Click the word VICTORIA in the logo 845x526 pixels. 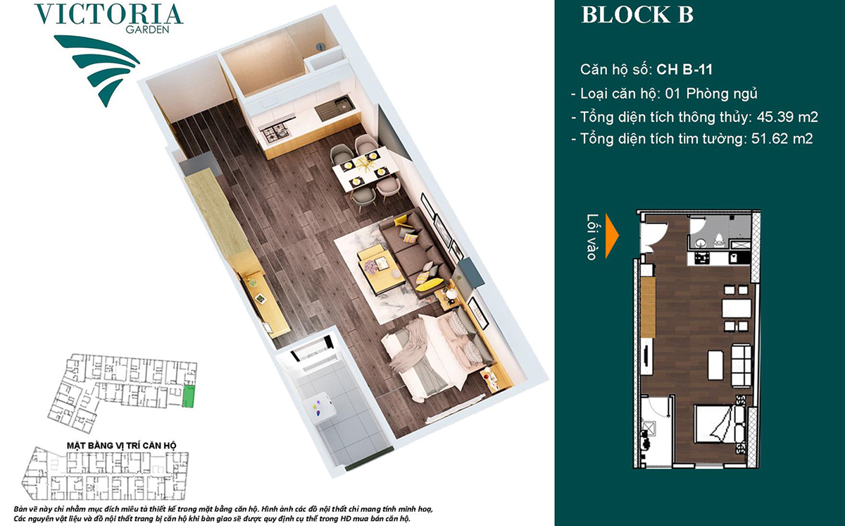click(x=108, y=15)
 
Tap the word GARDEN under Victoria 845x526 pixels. click(x=147, y=30)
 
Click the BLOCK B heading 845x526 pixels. click(x=637, y=15)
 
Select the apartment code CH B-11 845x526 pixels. click(x=684, y=70)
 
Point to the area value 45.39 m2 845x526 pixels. click(x=787, y=117)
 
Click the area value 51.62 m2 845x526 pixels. click(x=782, y=139)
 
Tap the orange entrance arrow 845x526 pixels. click(x=612, y=236)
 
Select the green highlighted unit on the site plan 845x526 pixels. click(x=188, y=396)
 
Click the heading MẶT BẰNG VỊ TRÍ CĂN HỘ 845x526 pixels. click(x=121, y=446)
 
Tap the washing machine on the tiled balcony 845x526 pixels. click(x=320, y=410)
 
